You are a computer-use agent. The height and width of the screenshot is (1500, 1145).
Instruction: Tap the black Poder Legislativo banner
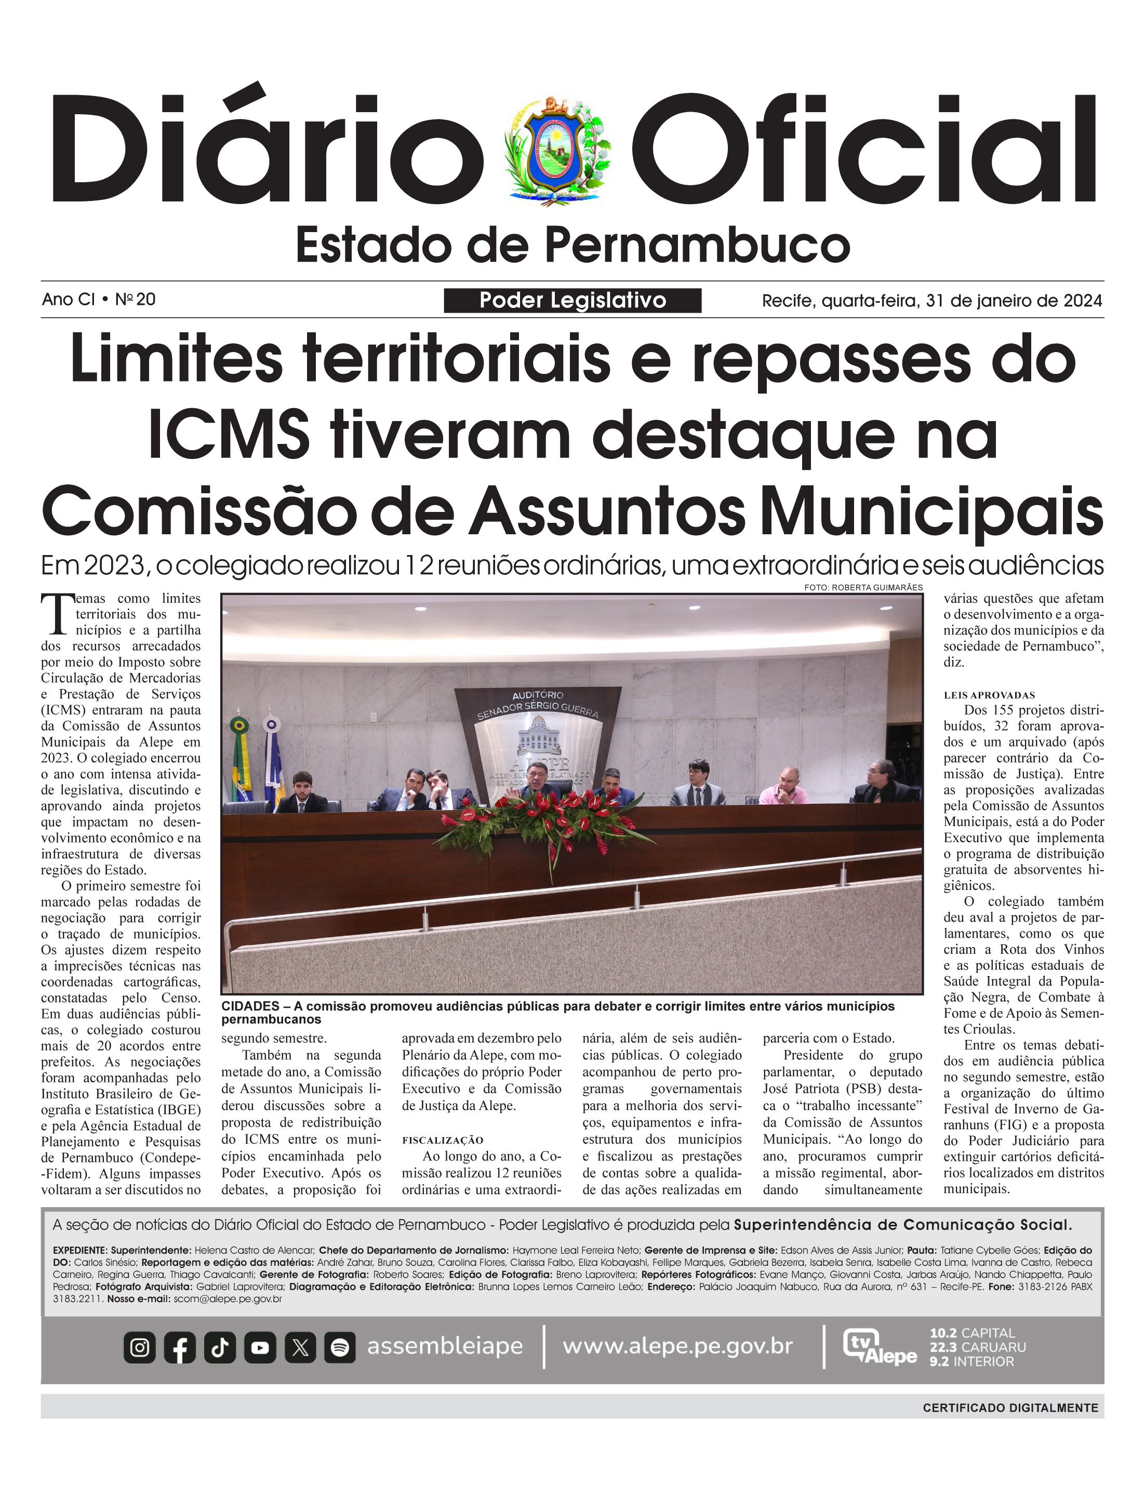(x=572, y=301)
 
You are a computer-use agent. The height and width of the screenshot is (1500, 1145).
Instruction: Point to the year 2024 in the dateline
(x=1083, y=301)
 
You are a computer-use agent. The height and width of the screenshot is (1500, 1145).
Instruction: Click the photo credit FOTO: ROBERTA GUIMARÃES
(x=863, y=587)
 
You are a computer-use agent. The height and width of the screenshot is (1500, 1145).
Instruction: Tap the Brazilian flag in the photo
(x=240, y=756)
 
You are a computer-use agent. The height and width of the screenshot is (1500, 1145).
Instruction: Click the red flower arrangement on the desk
(x=545, y=828)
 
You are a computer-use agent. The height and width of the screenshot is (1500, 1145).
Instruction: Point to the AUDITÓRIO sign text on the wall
(x=538, y=695)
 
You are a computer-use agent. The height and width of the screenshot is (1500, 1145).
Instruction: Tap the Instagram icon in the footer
(x=140, y=1347)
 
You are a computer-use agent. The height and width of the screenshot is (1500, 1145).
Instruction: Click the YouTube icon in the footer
(x=260, y=1347)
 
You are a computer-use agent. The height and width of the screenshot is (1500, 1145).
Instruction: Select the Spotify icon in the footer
(x=340, y=1347)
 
